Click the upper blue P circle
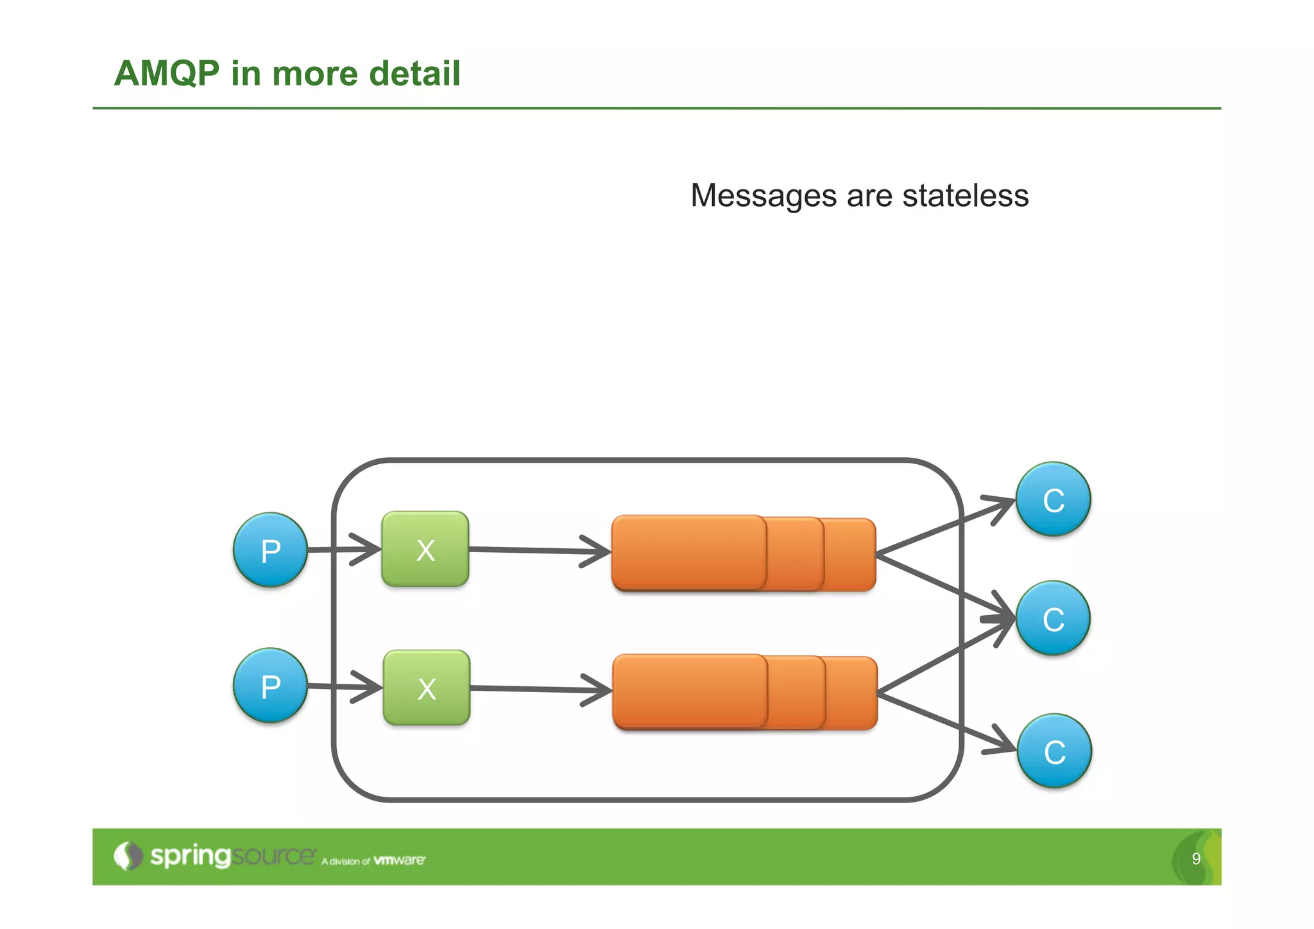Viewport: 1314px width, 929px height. coord(270,550)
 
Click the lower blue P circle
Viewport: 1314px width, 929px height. coord(270,686)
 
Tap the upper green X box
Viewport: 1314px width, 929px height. coord(425,549)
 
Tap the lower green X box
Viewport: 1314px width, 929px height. coord(427,688)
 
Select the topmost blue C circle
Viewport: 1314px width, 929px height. coord(1053,499)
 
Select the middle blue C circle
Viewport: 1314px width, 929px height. coord(1053,618)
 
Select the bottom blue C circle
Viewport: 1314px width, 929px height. coord(1054,751)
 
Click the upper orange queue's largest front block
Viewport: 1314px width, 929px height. coord(688,552)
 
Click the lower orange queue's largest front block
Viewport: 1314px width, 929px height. coord(690,691)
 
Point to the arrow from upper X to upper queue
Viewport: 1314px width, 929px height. coord(539,550)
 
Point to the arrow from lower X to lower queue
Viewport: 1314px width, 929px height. coord(539,689)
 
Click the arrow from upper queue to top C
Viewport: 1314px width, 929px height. coord(943,527)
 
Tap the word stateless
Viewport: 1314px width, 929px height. coord(965,195)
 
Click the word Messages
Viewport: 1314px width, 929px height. coord(763,195)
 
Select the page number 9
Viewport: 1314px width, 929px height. coord(1196,858)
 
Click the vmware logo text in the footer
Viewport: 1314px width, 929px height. coord(398,860)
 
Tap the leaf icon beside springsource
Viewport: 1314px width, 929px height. coord(128,856)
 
